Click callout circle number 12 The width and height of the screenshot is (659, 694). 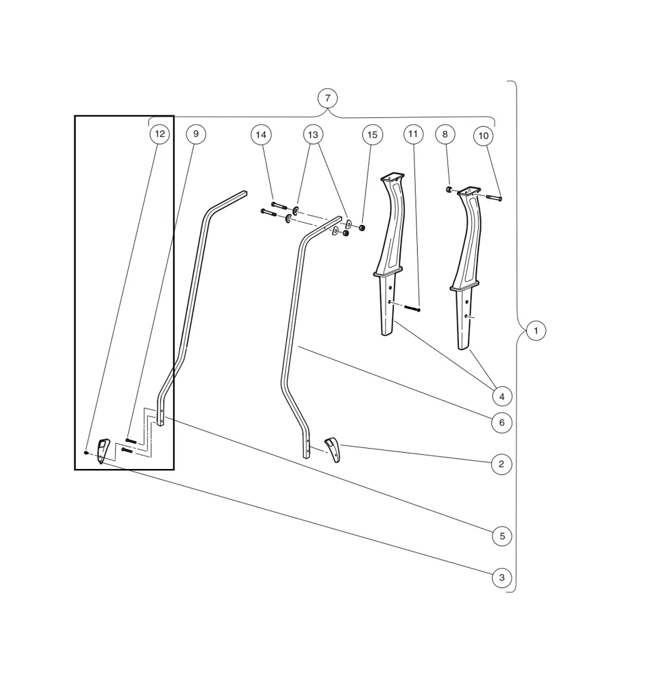coord(159,134)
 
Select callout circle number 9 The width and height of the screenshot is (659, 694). coord(195,134)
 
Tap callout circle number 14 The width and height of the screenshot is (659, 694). coord(260,135)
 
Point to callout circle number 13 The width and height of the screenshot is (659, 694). coord(313,135)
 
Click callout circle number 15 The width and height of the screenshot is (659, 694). coord(372,135)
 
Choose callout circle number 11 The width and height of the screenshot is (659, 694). coord(414,134)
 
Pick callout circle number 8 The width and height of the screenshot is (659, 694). coord(445,134)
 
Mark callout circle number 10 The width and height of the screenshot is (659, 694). coord(483,136)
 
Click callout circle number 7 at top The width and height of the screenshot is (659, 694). coord(327,98)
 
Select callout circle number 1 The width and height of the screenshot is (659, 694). coord(536,331)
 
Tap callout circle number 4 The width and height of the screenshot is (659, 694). coord(502,396)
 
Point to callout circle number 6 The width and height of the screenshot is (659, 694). coord(502,423)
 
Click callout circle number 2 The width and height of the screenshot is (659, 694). coord(501,464)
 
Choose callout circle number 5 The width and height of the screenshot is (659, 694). coord(502,536)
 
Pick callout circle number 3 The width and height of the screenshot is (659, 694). coord(502,578)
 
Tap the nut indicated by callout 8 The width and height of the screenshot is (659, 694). coord(450,189)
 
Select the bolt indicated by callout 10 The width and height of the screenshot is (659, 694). coord(494,198)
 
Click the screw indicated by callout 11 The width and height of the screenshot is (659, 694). coord(412,309)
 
